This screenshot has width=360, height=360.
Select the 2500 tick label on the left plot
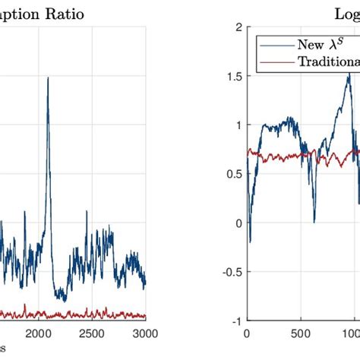point(92,333)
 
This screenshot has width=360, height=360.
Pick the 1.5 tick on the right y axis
point(232,77)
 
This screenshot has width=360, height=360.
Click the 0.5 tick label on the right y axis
point(232,174)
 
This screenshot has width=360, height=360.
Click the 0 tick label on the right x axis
point(246,333)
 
